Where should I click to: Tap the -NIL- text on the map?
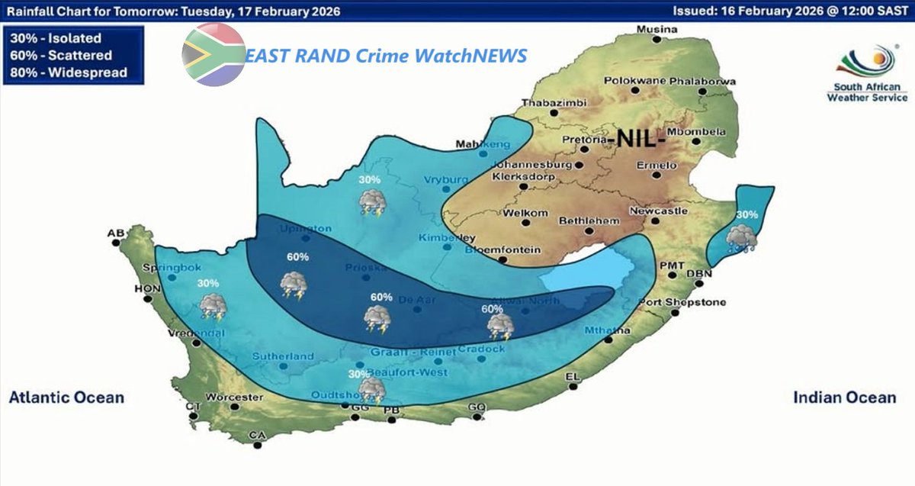coord(640,140)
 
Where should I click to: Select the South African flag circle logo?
coord(213,55)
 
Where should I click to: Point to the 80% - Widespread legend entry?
coord(68,72)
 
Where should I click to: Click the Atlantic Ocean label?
coord(66,397)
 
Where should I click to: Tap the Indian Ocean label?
coord(844,397)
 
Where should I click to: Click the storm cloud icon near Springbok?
coord(212,306)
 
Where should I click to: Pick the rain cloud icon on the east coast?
coord(740,239)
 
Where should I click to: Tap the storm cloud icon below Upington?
coord(293,284)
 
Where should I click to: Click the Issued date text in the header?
coord(790,11)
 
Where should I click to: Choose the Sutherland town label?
coord(284,356)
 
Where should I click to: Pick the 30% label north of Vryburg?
coord(370,180)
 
